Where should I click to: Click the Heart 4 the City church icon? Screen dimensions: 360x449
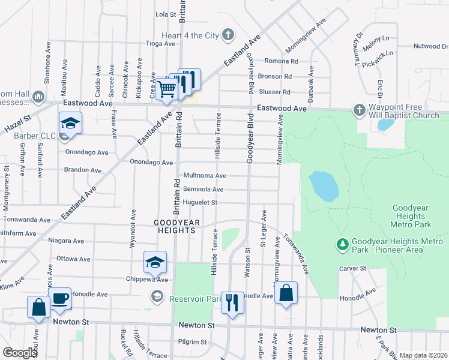[x=228, y=35]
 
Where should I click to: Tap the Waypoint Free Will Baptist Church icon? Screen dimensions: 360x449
[x=359, y=110]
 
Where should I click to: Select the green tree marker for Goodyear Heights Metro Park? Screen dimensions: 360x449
[x=342, y=244]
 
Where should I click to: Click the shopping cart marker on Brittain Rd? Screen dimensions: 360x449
[x=166, y=89]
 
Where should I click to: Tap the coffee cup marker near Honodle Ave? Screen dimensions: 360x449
[x=60, y=298]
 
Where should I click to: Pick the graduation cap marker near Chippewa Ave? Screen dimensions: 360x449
[x=155, y=262]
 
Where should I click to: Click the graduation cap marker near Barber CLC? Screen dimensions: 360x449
[x=71, y=123]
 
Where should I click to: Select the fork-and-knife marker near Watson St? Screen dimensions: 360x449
[x=232, y=302]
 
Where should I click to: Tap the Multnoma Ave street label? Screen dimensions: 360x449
[x=204, y=175]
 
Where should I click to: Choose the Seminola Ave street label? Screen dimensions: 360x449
[x=203, y=189]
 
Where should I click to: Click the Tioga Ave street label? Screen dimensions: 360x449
[x=160, y=43]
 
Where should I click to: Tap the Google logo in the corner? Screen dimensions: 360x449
[x=20, y=353]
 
